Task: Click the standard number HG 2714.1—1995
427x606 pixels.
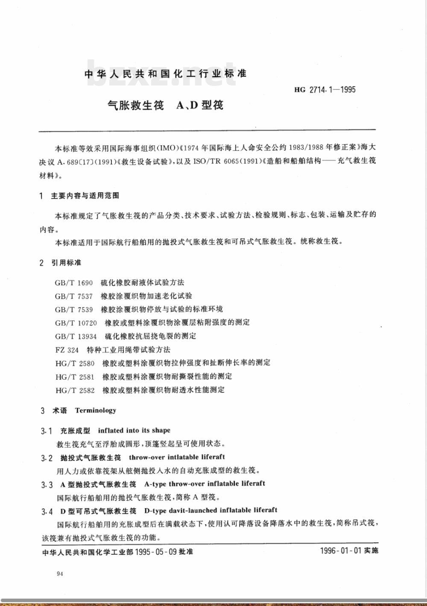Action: pos(325,90)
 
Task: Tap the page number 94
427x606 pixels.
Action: pos(60,574)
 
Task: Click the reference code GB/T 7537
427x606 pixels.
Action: pos(73,296)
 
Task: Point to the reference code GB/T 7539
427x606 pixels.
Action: pos(73,309)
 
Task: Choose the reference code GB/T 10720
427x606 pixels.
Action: pos(76,323)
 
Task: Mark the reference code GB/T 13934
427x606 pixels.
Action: pos(76,336)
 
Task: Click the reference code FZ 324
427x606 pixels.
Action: pos(67,350)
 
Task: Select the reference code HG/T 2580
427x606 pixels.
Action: pos(75,363)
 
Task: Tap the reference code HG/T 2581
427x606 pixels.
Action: pos(75,377)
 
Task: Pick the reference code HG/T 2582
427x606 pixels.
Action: pos(75,390)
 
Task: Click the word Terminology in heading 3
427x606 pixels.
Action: pos(96,410)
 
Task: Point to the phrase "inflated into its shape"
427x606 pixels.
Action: pos(134,430)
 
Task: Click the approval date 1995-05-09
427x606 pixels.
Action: pos(155,552)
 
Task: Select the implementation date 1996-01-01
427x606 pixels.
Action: pos(341,550)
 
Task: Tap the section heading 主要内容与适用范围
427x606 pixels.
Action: pos(85,196)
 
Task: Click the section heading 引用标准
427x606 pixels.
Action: pos(66,262)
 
